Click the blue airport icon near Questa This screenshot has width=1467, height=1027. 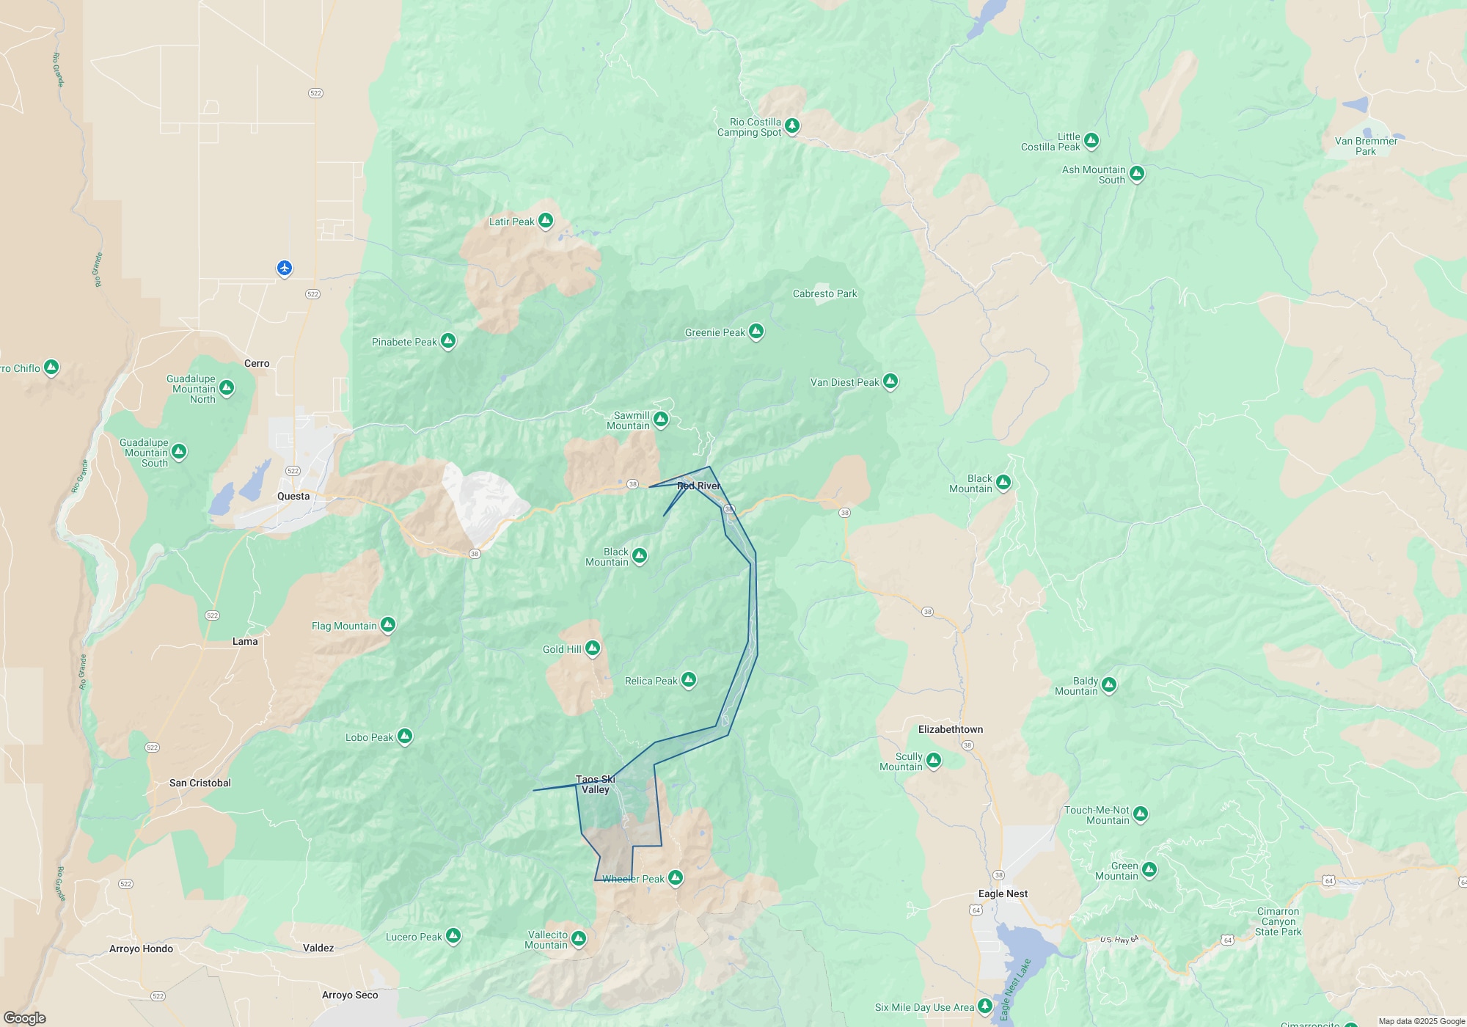(x=285, y=268)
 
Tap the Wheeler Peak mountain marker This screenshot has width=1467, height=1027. (x=676, y=877)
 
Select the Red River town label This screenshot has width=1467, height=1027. (x=698, y=486)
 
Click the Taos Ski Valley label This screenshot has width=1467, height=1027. (x=595, y=784)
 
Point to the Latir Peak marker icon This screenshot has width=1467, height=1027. (x=545, y=220)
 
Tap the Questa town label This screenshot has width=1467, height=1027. (x=293, y=496)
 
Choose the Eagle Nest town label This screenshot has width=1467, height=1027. (x=1003, y=893)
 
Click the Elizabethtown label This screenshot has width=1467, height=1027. (x=951, y=729)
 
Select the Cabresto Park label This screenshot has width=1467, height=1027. (x=824, y=293)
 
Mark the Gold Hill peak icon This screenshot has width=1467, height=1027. (x=593, y=648)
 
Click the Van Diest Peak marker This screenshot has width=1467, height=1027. (x=890, y=381)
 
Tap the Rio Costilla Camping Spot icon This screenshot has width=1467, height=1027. (x=791, y=125)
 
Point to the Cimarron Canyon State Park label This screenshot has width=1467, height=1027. (x=1278, y=921)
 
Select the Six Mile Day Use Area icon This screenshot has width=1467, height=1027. (x=985, y=1006)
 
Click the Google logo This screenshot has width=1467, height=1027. (x=25, y=1017)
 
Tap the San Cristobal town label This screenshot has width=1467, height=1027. (x=200, y=783)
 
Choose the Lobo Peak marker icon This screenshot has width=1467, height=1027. (x=404, y=736)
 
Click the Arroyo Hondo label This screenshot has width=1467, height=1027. (x=141, y=949)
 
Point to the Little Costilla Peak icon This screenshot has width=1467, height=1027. (x=1091, y=139)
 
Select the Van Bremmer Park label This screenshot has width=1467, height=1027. (x=1366, y=146)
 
